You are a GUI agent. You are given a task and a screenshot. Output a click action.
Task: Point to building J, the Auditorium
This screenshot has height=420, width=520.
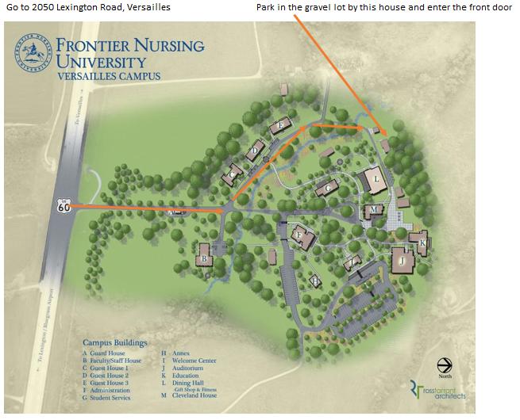(x=403, y=260)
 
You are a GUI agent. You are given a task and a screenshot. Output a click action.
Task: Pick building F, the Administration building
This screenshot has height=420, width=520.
(x=300, y=235)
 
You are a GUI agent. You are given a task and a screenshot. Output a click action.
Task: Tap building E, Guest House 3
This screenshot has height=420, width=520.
(x=279, y=126)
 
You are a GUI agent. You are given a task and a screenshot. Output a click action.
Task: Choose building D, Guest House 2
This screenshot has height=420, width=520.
(x=255, y=150)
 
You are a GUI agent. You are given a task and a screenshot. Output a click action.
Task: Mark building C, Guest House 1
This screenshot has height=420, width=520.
(x=233, y=174)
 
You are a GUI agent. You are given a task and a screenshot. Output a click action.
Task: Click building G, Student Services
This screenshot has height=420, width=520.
(x=326, y=189)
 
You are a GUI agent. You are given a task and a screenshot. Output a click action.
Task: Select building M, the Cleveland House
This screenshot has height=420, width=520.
(x=373, y=212)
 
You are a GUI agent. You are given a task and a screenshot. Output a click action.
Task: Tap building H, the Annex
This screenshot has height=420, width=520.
(x=315, y=281)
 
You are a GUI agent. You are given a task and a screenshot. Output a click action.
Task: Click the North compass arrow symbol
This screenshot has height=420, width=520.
(x=445, y=365)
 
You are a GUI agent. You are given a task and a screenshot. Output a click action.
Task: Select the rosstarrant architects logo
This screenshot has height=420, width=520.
(x=437, y=390)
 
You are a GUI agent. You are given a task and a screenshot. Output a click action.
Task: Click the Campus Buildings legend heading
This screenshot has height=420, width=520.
(x=114, y=342)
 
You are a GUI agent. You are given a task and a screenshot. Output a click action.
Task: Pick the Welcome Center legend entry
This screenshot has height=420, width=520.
(x=192, y=361)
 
